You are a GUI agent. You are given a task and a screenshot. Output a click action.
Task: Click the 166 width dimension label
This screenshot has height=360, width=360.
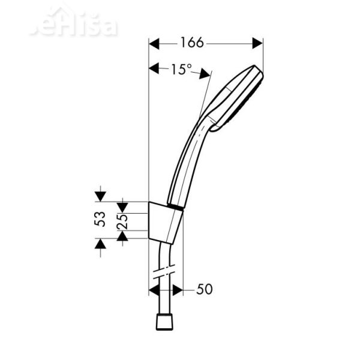pyautogui.click(x=192, y=43)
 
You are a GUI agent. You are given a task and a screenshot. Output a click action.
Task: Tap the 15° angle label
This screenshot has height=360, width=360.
pyautogui.click(x=180, y=70)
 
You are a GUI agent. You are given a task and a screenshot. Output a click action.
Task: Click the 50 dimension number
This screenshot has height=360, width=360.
pyautogui.click(x=205, y=290)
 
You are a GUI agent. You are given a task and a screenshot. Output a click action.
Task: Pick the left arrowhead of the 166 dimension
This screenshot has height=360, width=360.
pyautogui.click(x=154, y=43)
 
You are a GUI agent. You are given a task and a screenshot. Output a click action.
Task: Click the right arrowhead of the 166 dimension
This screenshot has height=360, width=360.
pyautogui.click(x=258, y=43)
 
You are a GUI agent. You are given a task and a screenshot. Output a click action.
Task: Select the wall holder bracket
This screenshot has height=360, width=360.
pyautogui.click(x=165, y=222)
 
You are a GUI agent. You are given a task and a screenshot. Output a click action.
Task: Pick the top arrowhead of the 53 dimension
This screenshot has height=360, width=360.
pyautogui.click(x=100, y=196)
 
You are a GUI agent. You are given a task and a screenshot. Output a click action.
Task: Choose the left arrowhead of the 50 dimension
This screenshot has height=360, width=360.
pyautogui.click(x=154, y=290)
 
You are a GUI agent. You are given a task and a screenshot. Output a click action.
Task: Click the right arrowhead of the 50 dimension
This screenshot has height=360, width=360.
pyautogui.click(x=178, y=290)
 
